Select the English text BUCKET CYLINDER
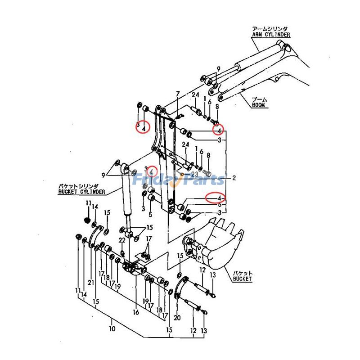point(81,192)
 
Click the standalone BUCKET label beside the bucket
point(242,279)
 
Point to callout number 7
point(178,94)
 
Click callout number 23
point(194,174)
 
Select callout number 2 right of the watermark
point(234,178)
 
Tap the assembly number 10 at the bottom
point(112,329)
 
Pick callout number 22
point(121,241)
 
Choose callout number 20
point(176,318)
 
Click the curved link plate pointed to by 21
point(95,236)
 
